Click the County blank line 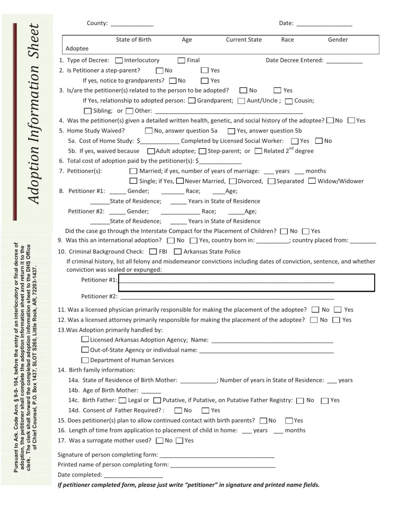[132, 24]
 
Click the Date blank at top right [324, 24]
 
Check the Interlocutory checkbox [119, 60]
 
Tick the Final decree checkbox [182, 60]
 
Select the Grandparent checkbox [192, 101]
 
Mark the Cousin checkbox [289, 101]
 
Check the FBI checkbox [153, 252]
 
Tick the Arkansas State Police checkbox [178, 252]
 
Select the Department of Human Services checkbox [85, 360]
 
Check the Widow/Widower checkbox [312, 181]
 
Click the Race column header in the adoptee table [287, 40]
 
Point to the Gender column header [338, 40]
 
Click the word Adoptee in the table [77, 49]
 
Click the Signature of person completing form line [217, 455]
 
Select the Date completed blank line [133, 475]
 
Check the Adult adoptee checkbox [151, 151]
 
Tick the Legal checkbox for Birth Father [122, 400]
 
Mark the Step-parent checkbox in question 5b [202, 151]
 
